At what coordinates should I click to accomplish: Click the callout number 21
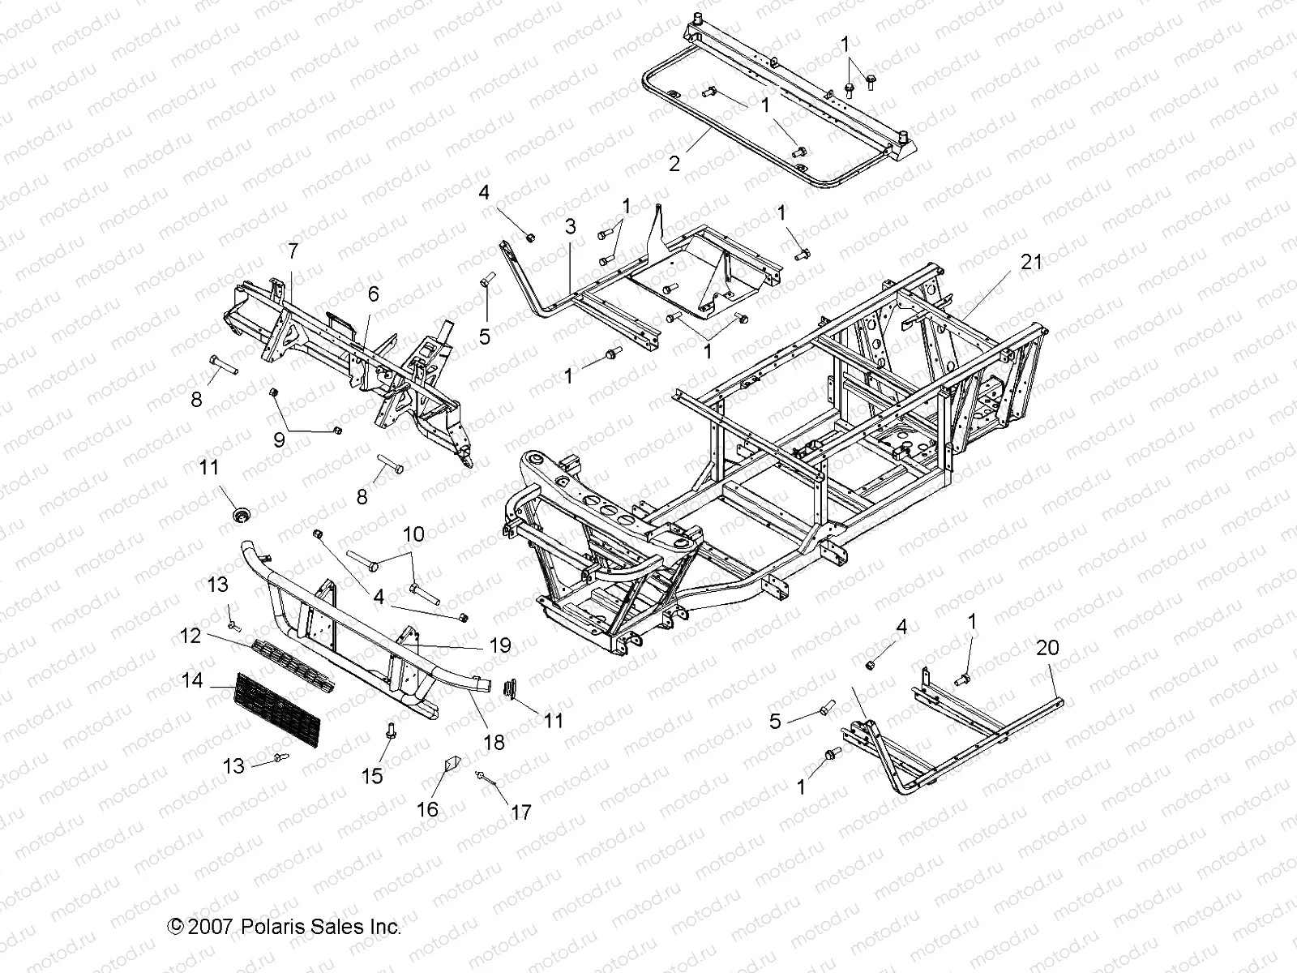click(x=1030, y=263)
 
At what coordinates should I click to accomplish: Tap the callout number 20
click(x=1047, y=648)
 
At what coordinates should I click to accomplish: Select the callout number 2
click(x=674, y=164)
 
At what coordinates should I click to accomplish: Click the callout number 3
click(x=571, y=226)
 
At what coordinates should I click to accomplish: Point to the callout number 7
click(x=293, y=251)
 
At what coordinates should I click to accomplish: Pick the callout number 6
click(x=373, y=294)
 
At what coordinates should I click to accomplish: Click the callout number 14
click(x=192, y=680)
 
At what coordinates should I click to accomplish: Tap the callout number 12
click(x=190, y=637)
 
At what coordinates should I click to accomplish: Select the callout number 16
click(x=427, y=808)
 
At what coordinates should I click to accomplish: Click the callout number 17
click(x=521, y=812)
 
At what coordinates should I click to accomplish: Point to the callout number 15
click(x=372, y=776)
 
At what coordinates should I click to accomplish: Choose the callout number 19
click(x=500, y=645)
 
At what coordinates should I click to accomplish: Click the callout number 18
click(x=494, y=742)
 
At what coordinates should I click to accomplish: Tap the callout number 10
click(x=413, y=534)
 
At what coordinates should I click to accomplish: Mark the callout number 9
click(x=279, y=440)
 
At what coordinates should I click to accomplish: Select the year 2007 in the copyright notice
click(x=212, y=927)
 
